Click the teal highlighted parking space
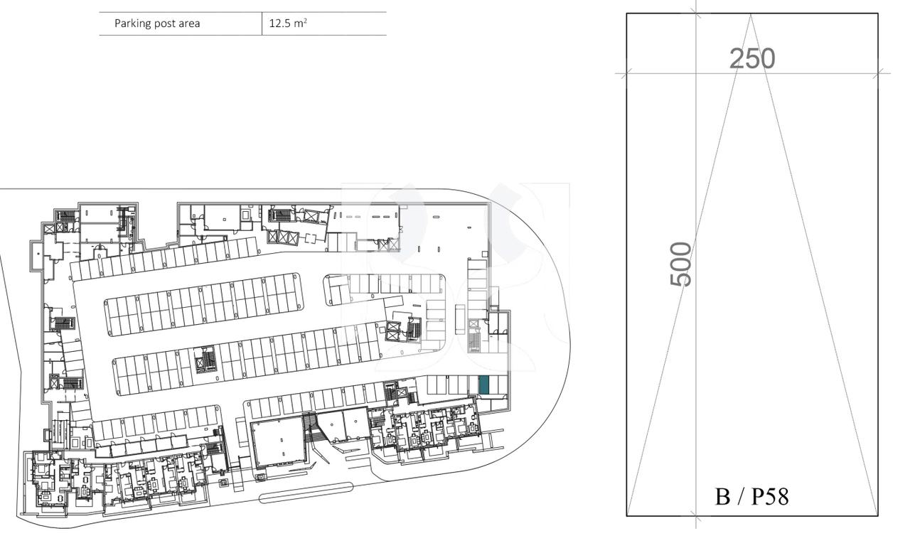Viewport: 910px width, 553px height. (x=484, y=385)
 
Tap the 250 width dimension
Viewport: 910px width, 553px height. (x=752, y=58)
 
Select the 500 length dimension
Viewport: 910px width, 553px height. (x=680, y=264)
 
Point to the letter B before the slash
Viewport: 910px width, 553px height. (x=723, y=496)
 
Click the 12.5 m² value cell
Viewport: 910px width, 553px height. (x=288, y=23)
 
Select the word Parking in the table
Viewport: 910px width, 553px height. (x=134, y=23)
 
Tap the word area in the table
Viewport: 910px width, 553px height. (x=188, y=23)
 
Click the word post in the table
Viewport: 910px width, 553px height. (x=165, y=23)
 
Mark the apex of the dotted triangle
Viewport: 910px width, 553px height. (x=751, y=14)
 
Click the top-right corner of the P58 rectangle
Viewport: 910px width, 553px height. (x=878, y=14)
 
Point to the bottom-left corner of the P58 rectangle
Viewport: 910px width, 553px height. (x=626, y=515)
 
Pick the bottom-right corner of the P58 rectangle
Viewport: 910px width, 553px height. (x=878, y=515)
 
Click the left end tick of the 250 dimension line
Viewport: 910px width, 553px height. (x=626, y=73)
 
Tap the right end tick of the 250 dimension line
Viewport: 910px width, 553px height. (x=879, y=73)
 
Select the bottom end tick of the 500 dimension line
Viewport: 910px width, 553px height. (x=696, y=516)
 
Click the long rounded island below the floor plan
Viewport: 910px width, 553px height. (x=306, y=493)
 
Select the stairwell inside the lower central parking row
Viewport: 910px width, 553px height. (x=205, y=360)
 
